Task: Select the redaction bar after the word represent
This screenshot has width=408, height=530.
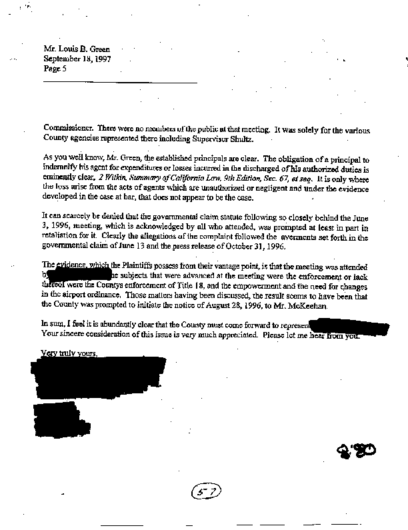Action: click(350, 327)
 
